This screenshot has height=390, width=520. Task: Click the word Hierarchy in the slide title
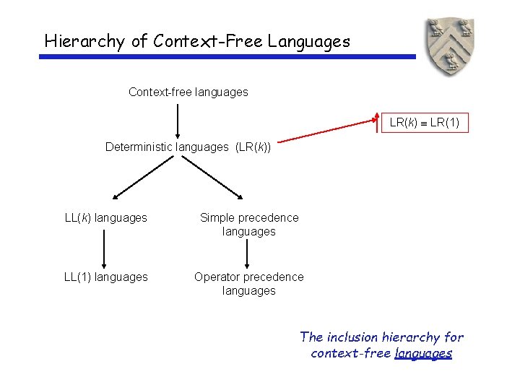click(84, 41)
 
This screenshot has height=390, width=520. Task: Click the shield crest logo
click(449, 47)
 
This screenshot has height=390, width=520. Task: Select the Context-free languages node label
click(188, 92)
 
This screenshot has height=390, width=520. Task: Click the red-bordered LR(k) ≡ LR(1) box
click(424, 123)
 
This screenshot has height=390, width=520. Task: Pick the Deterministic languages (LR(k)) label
click(188, 147)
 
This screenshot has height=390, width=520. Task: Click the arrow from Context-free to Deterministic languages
click(178, 120)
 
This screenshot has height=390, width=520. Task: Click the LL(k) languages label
click(105, 218)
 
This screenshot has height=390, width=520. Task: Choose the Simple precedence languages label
click(249, 225)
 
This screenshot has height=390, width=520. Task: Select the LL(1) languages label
click(105, 277)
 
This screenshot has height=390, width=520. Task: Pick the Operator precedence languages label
click(249, 284)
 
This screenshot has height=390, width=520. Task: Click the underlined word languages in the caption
click(423, 354)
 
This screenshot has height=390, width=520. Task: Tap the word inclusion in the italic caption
click(354, 337)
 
